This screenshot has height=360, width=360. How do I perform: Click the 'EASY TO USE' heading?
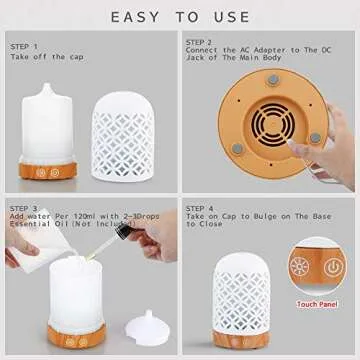[179, 17]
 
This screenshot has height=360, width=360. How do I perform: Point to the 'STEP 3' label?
[24, 207]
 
